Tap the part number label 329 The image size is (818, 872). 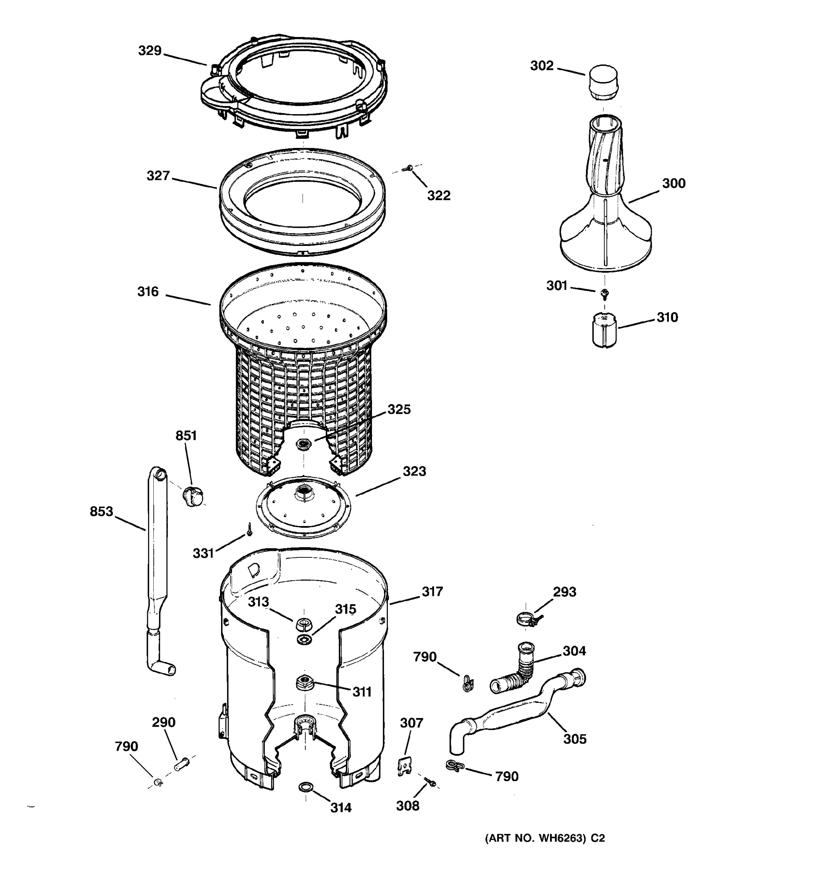[x=150, y=51]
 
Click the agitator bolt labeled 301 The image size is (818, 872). [x=604, y=292]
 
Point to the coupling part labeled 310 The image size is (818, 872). [x=604, y=330]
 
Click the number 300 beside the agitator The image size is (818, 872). [x=673, y=183]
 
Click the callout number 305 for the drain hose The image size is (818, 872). [x=574, y=739]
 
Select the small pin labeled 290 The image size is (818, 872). [x=182, y=764]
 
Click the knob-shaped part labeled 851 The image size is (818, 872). [x=193, y=496]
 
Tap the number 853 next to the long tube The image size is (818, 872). [x=101, y=512]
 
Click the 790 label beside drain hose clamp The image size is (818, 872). [x=506, y=777]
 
